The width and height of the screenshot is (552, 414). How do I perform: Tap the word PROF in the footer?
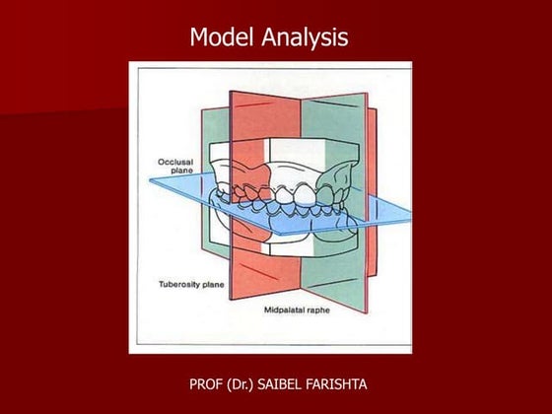(x=208, y=380)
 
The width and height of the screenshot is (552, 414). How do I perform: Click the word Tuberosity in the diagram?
(x=177, y=283)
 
